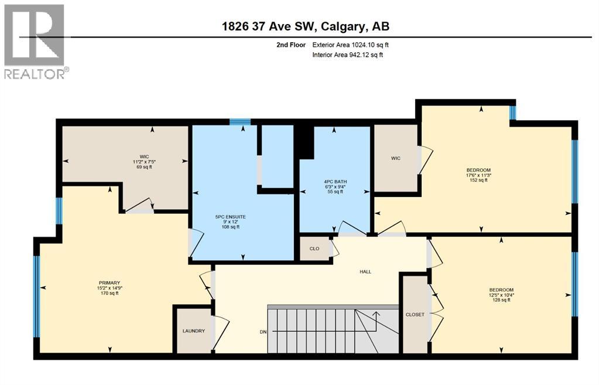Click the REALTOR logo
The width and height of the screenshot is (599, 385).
(35, 41)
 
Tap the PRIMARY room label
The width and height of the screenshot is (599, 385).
(109, 281)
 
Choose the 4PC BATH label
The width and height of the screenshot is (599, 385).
(335, 182)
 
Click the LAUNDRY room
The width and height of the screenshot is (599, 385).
(194, 331)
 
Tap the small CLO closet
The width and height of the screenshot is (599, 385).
(314, 248)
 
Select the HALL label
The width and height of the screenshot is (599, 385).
(365, 271)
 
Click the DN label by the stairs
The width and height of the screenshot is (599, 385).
(263, 332)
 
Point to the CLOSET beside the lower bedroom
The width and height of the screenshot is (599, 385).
(415, 315)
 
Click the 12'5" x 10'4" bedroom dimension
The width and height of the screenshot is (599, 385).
(501, 295)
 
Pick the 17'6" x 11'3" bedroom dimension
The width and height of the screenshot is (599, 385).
(478, 175)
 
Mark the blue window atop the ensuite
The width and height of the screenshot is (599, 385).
(239, 122)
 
